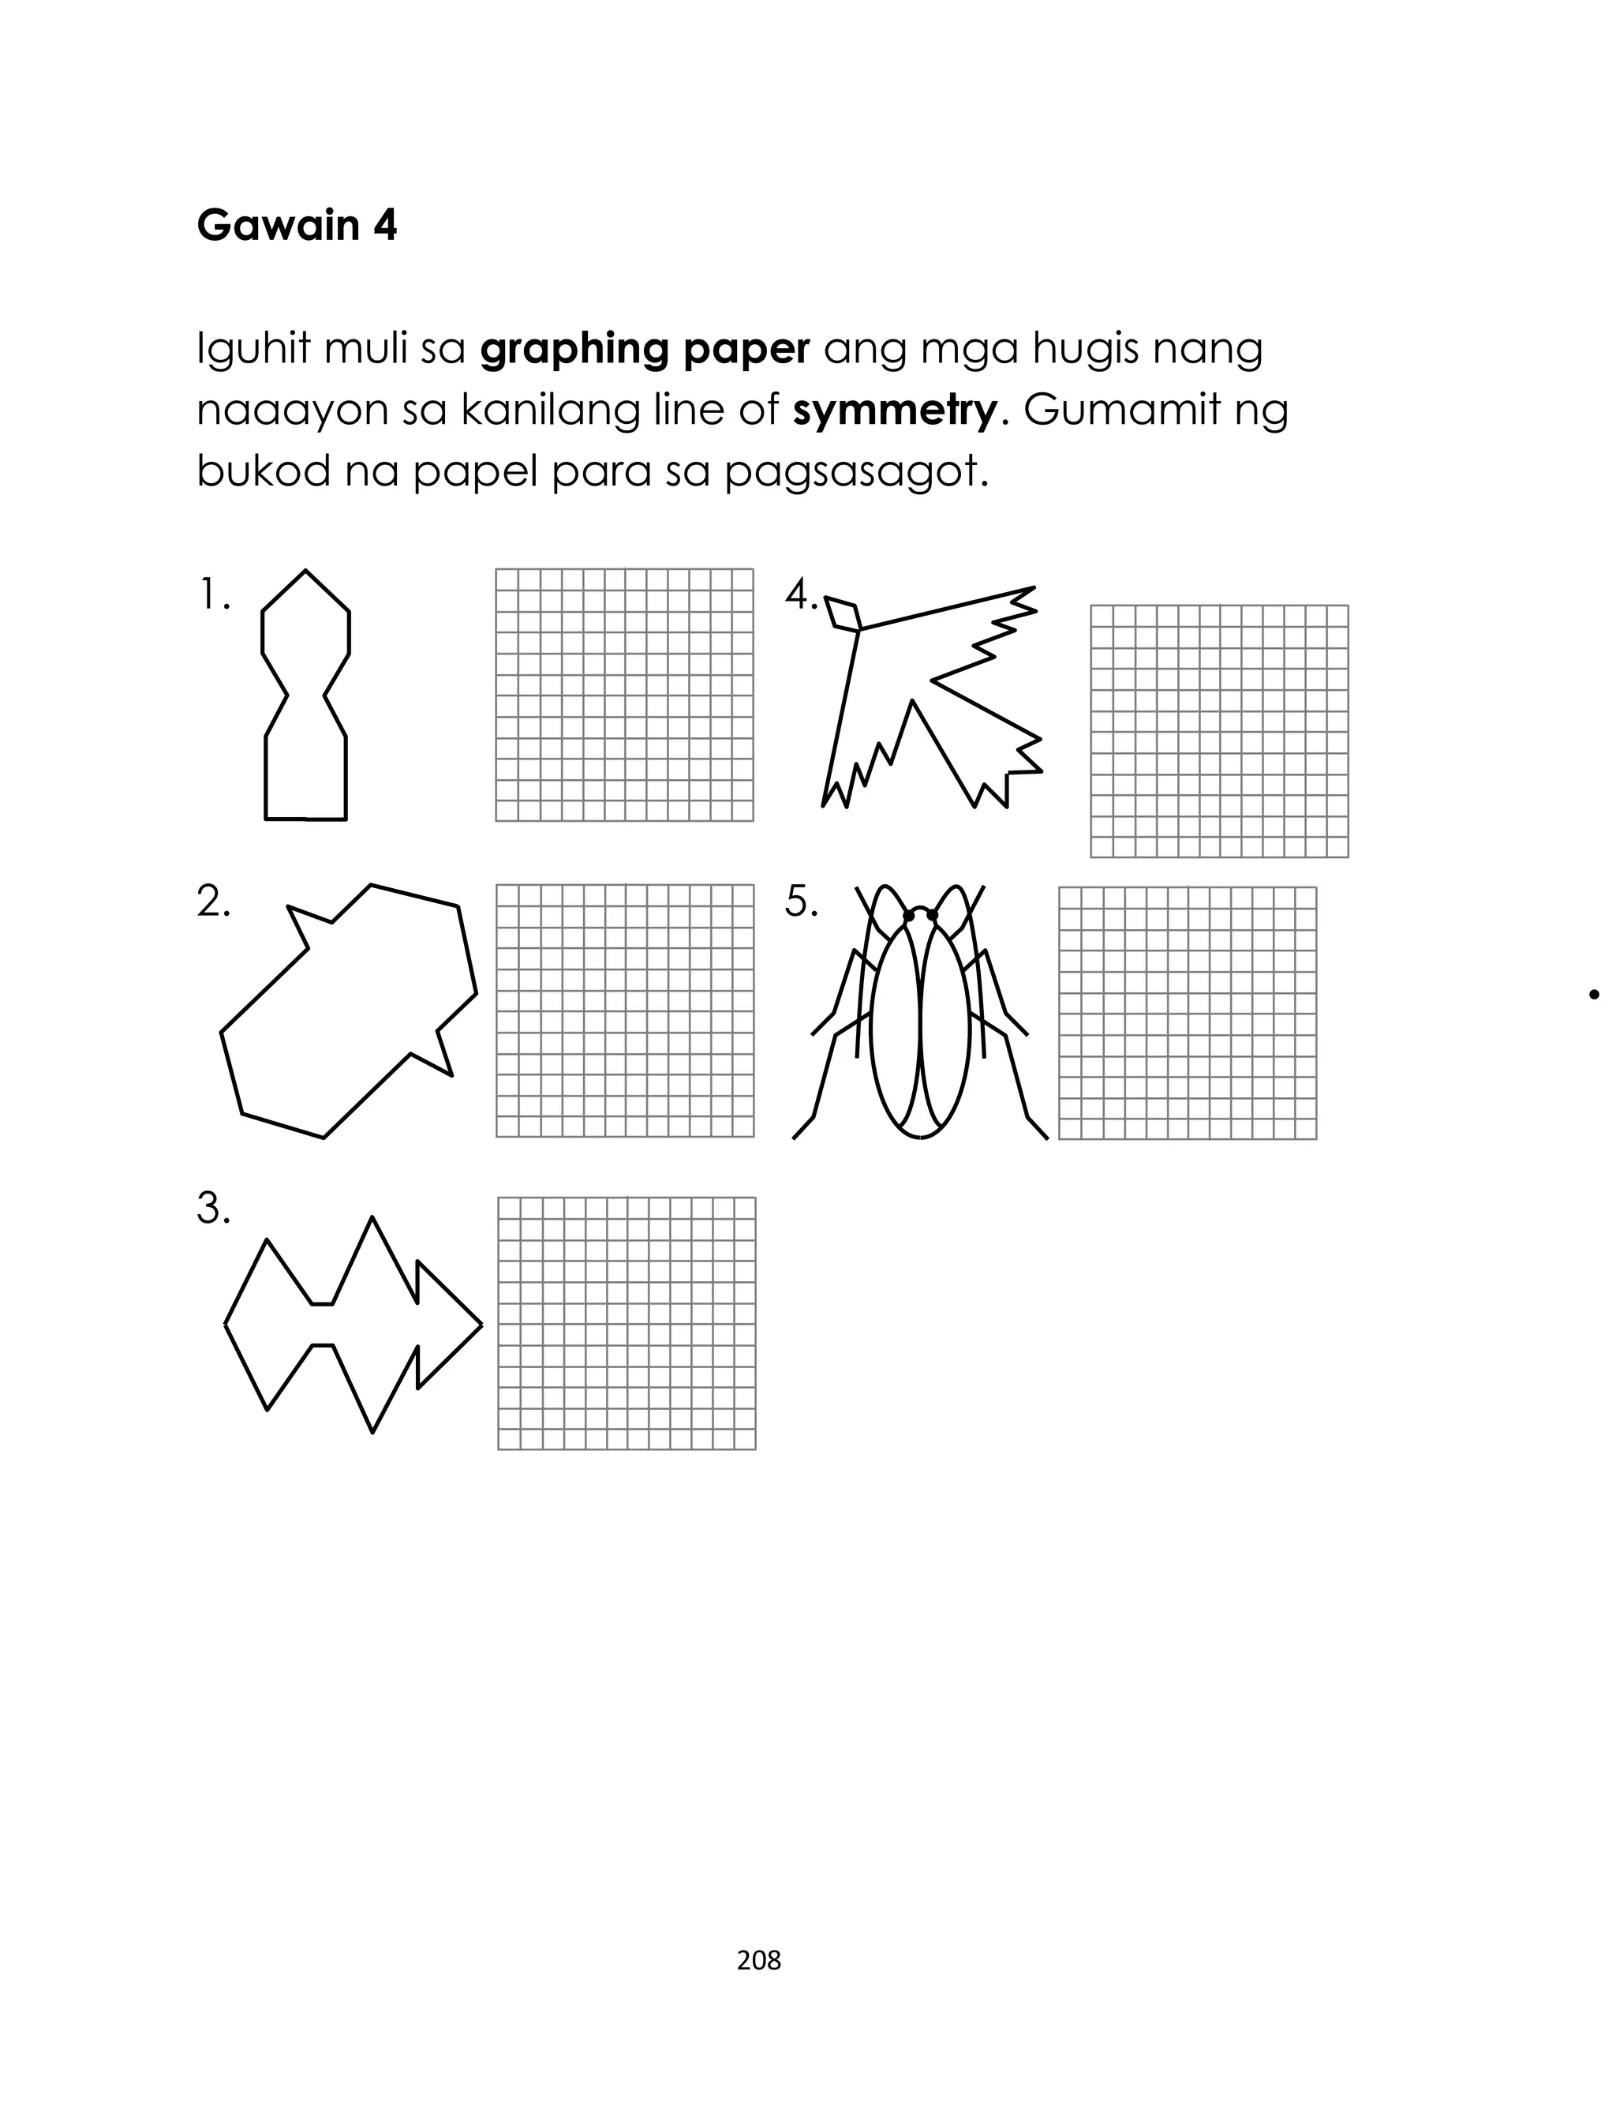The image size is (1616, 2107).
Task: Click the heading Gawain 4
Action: tap(296, 226)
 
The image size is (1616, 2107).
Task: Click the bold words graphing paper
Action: tap(645, 349)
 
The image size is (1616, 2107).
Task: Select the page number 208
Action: tap(759, 1960)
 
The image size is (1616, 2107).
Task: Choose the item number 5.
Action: tap(800, 902)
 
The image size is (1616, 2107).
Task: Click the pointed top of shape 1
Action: tap(306, 572)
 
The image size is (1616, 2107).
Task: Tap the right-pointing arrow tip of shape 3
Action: tap(480, 1325)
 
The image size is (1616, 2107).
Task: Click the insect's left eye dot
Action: tap(908, 915)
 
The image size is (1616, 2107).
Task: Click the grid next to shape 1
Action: tap(624, 695)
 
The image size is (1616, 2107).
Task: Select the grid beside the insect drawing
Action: tap(1187, 1013)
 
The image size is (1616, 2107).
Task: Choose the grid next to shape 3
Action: tap(627, 1323)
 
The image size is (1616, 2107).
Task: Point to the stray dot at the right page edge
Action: tap(1595, 995)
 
